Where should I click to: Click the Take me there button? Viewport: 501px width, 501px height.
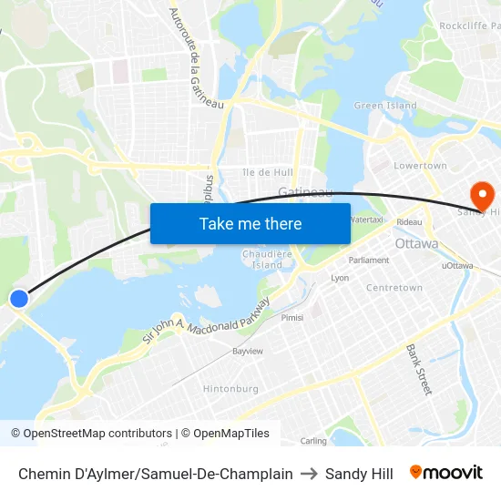coord(250,224)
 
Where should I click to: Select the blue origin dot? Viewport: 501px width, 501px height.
coord(18,298)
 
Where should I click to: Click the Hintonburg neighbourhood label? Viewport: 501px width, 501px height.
coord(230,388)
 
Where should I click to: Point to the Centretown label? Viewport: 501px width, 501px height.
coord(394,288)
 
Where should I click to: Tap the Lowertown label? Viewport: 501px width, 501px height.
coord(420,166)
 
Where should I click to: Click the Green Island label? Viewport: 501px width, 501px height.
coord(385,106)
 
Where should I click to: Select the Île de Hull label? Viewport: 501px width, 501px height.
coord(268,172)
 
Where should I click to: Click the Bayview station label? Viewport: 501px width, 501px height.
coord(248,351)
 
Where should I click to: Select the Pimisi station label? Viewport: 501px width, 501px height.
coord(292,318)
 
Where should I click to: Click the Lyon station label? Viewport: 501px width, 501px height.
coord(340,278)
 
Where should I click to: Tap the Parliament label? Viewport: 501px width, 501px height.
coord(369,260)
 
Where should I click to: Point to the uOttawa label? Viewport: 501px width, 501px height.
coord(456,266)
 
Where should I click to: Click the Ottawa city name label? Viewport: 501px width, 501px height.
coord(416,244)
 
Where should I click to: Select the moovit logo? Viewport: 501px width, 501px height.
coord(445,473)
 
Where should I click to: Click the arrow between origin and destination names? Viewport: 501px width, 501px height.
coord(309,474)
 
